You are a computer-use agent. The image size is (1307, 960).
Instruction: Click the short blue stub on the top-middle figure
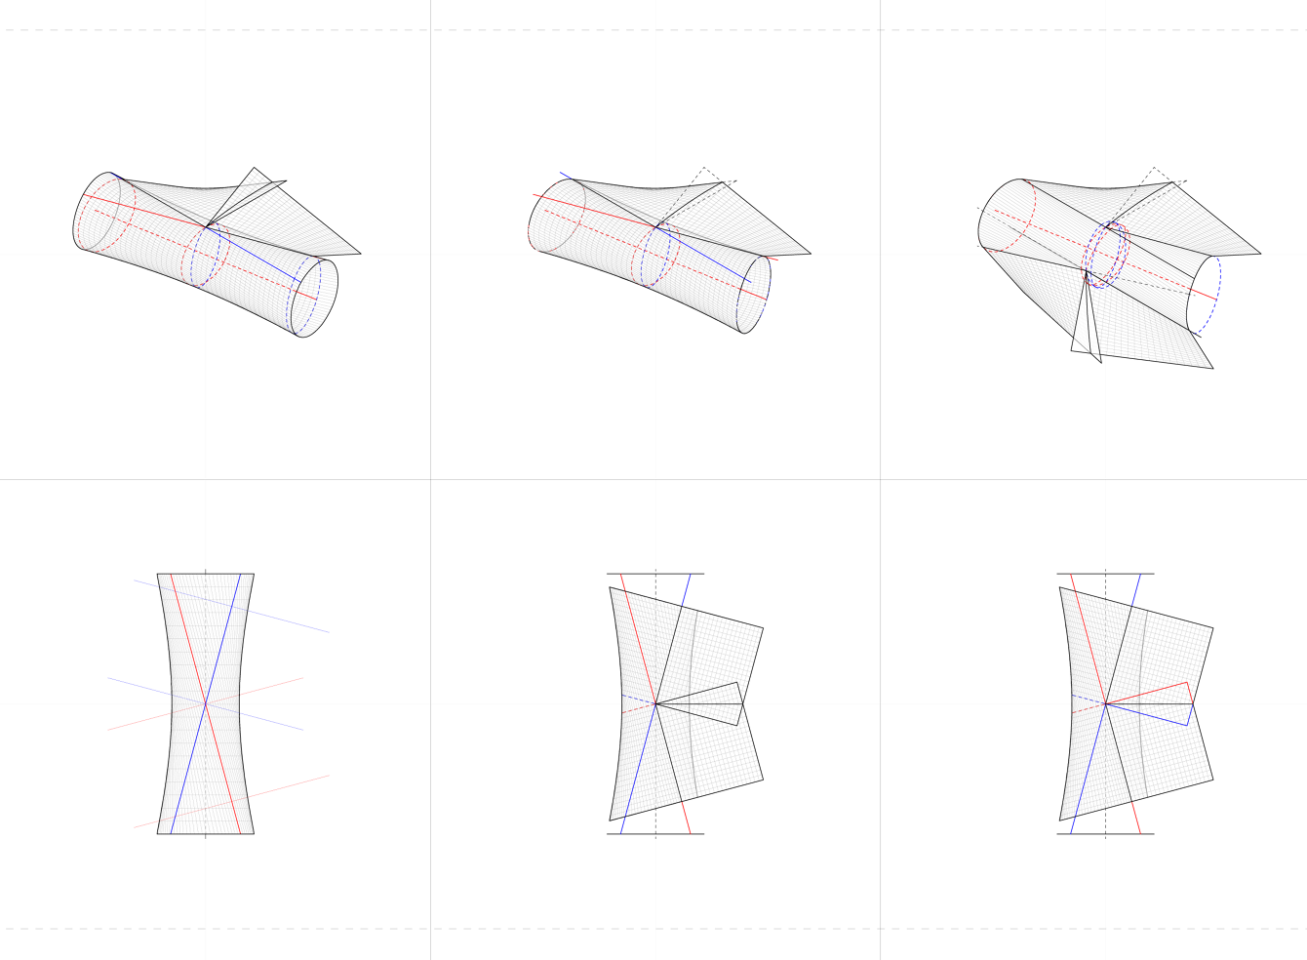[x=566, y=176]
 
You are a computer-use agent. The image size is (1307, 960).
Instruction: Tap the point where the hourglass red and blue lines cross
[x=206, y=702]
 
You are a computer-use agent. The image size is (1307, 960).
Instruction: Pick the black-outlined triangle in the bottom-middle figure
[x=717, y=702]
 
